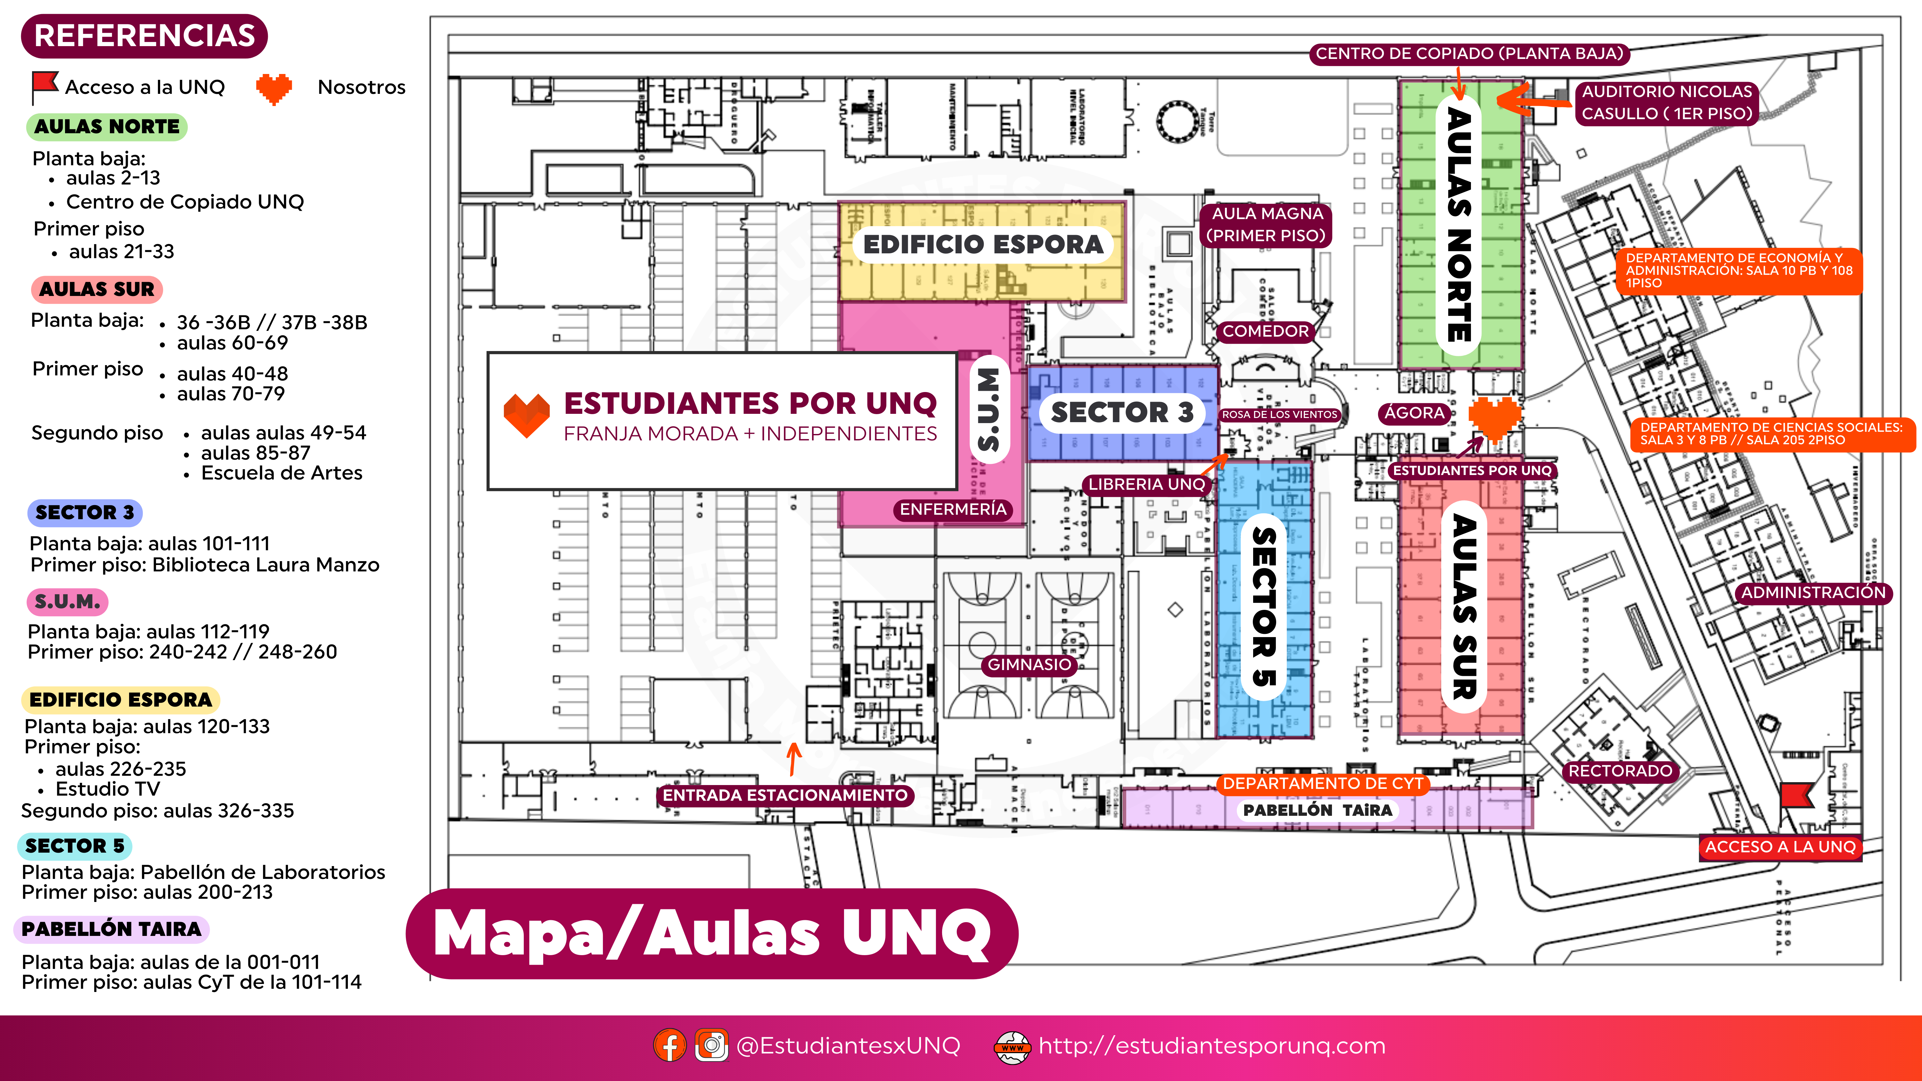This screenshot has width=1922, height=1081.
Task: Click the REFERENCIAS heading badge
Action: tap(144, 36)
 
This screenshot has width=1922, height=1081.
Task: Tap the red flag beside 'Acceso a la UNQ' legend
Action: tap(45, 86)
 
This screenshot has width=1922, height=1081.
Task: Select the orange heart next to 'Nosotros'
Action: tap(274, 88)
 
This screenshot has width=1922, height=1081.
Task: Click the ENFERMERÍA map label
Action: tap(953, 510)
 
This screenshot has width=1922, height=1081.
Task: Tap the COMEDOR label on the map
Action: tap(1265, 331)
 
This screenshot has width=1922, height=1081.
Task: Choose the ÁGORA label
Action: tap(1414, 413)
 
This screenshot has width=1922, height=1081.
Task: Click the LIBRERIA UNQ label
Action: tap(1146, 484)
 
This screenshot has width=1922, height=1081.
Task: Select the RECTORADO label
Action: tap(1620, 771)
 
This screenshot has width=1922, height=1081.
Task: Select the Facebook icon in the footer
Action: tap(669, 1045)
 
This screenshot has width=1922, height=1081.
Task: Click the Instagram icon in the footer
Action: tap(711, 1045)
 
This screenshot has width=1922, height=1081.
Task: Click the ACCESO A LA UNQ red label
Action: tap(1779, 847)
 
